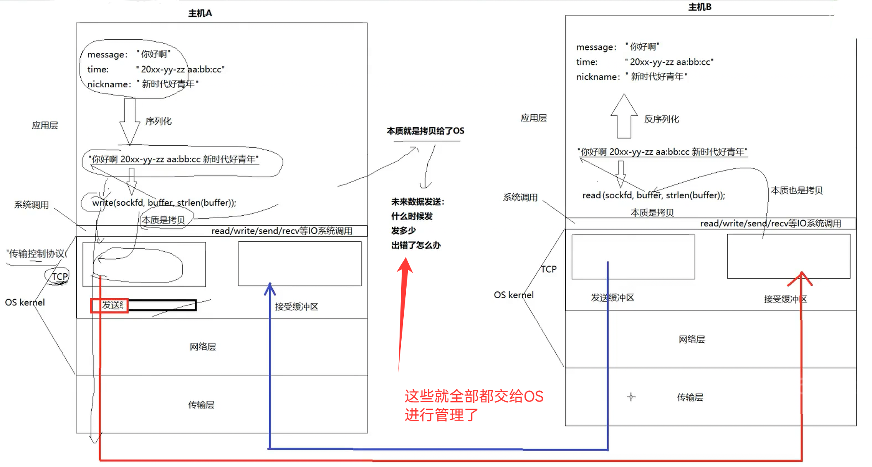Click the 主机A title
pos(200,13)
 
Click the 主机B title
pos(700,7)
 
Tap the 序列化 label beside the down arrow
pos(158,121)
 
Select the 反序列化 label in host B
pos(661,119)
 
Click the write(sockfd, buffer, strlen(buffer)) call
pos(164,203)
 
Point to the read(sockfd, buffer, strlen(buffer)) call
pos(654,195)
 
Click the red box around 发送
pos(110,306)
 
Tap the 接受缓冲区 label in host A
pos(297,307)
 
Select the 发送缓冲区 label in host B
pos(612,298)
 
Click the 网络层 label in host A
pos(203,347)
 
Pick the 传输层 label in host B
pos(690,397)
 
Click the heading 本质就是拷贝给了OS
pos(425,131)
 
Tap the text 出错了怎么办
pos(416,245)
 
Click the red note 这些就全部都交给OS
pos(474,397)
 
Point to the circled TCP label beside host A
pos(59,276)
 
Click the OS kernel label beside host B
pos(513,295)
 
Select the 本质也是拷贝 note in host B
pos(796,190)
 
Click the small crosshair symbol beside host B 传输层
pos(631,397)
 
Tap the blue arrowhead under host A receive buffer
pos(270,288)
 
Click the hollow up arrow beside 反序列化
pos(624,116)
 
